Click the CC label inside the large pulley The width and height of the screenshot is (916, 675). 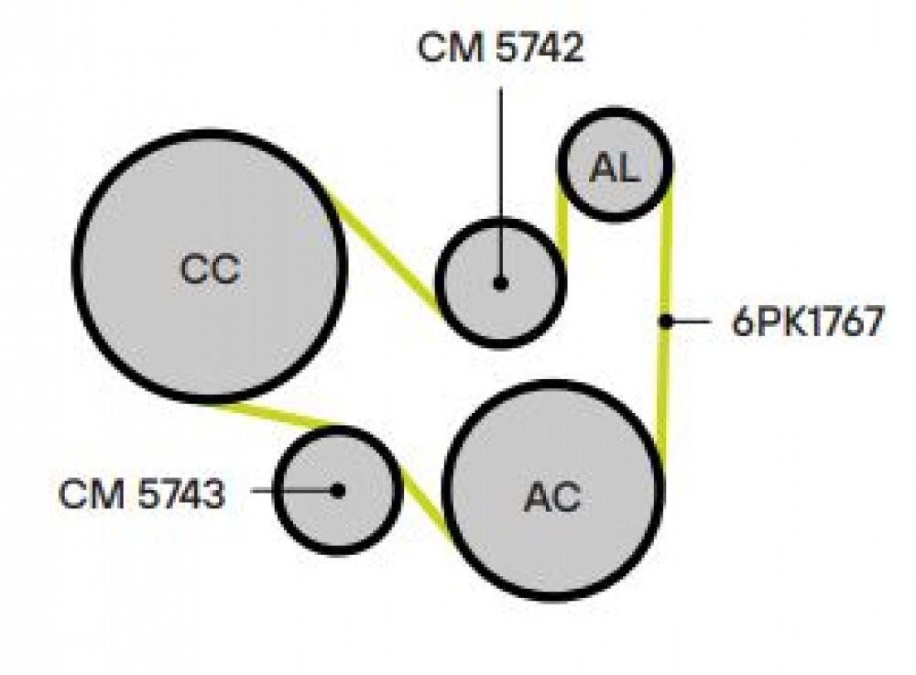[211, 269]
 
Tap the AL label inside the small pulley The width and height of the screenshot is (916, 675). [616, 168]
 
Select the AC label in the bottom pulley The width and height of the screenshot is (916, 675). [552, 497]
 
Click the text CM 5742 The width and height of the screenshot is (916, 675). [501, 48]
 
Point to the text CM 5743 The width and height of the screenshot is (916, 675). [141, 494]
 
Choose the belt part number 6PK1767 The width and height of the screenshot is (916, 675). [809, 321]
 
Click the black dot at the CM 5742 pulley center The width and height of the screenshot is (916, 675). [500, 284]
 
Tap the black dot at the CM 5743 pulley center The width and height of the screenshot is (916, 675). [338, 491]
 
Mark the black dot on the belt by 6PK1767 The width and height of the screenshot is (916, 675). [665, 321]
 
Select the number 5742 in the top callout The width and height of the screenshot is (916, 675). [540, 48]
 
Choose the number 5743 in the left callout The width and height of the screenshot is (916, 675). [181, 494]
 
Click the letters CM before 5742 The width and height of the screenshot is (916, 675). [451, 48]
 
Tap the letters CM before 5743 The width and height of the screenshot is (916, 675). [92, 494]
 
